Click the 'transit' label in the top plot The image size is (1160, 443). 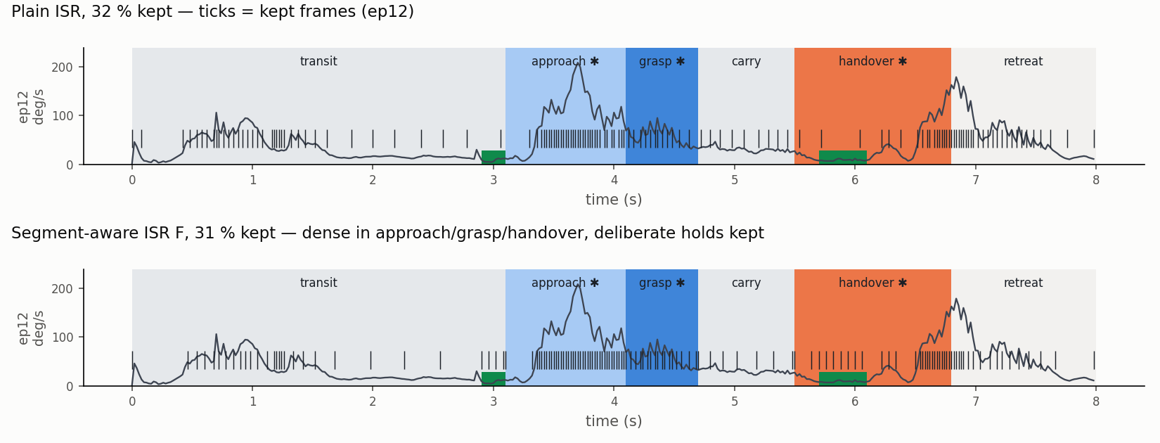coord(318,61)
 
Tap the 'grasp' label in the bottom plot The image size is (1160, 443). coord(655,283)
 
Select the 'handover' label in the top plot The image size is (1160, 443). coord(866,61)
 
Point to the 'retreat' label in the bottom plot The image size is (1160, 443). coord(1024,283)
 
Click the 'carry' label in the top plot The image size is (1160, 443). coord(746,62)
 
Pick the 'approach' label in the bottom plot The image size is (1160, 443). coord(558,283)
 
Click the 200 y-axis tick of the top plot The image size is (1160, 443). coord(62,68)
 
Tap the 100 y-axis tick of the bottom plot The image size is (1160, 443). coord(62,338)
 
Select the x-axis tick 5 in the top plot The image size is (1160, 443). coord(735,180)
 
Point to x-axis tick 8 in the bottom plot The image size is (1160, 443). coord(1096,402)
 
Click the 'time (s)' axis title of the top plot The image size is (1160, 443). coord(614,200)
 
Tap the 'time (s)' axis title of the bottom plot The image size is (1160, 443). coord(614,420)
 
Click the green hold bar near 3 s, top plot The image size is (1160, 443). coord(494,158)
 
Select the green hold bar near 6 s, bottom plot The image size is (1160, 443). coord(842,379)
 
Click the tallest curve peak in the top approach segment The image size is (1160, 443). coord(577,62)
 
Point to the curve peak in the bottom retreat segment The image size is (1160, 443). coord(956,299)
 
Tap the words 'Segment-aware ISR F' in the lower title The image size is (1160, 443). coord(98,233)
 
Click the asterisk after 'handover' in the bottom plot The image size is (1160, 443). coord(903,283)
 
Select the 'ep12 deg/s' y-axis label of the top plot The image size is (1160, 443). coord(31,107)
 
